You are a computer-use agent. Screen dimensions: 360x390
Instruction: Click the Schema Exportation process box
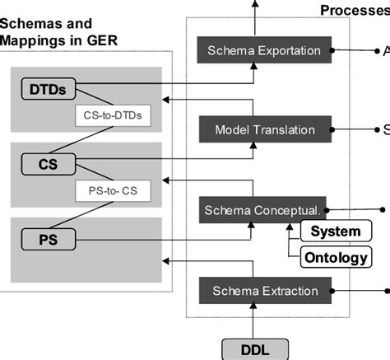coord(263,51)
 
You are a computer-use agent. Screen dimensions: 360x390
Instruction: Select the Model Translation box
coord(263,130)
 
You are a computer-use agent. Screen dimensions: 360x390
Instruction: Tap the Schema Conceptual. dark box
coord(263,209)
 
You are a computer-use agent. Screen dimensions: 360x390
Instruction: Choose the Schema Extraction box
coord(263,290)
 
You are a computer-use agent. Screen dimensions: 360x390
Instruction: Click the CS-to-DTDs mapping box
coord(114,115)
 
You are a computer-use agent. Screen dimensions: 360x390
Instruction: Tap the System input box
coord(335,231)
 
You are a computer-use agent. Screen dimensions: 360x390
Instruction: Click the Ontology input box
coord(335,258)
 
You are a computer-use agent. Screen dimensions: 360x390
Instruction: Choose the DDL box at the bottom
coord(255,349)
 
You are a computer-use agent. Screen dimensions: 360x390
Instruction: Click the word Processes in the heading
coord(354,9)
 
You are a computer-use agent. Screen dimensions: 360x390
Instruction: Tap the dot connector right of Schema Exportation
coord(332,51)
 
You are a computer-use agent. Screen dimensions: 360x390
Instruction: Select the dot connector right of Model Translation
coord(332,130)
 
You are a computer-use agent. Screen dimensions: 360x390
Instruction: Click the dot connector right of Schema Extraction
coord(332,290)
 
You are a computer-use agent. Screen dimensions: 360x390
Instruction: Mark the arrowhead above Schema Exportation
coord(255,6)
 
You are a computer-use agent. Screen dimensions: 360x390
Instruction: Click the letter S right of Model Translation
coord(386,130)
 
